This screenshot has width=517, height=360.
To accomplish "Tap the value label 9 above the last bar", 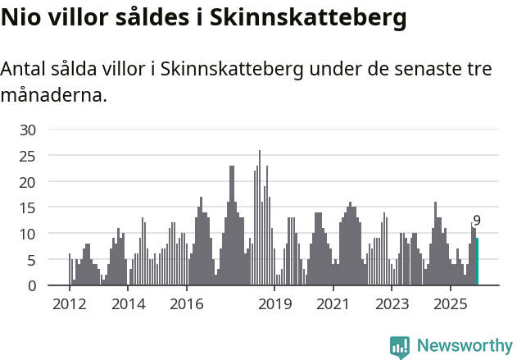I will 477,221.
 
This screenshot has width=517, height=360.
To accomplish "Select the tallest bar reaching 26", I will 260,218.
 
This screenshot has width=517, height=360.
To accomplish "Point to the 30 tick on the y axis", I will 28,130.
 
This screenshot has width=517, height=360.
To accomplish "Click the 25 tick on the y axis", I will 28,156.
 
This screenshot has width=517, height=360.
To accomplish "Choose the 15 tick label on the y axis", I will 28,207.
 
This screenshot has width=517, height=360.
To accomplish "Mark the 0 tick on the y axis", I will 31,285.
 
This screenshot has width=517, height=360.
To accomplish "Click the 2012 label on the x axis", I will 69,304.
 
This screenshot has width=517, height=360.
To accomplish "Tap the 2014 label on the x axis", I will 128,304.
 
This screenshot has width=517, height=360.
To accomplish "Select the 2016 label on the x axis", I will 187,304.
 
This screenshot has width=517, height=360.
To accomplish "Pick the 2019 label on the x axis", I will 274,304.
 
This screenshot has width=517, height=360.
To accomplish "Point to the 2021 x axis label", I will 333,304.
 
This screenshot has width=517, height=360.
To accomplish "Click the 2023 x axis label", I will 392,304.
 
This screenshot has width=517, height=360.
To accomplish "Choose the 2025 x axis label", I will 451,304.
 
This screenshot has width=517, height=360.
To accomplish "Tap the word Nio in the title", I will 20,17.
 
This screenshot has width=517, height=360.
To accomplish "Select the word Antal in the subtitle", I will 23,70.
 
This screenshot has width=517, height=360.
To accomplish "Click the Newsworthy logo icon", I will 400,347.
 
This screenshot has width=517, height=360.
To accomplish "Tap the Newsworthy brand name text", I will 465,346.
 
